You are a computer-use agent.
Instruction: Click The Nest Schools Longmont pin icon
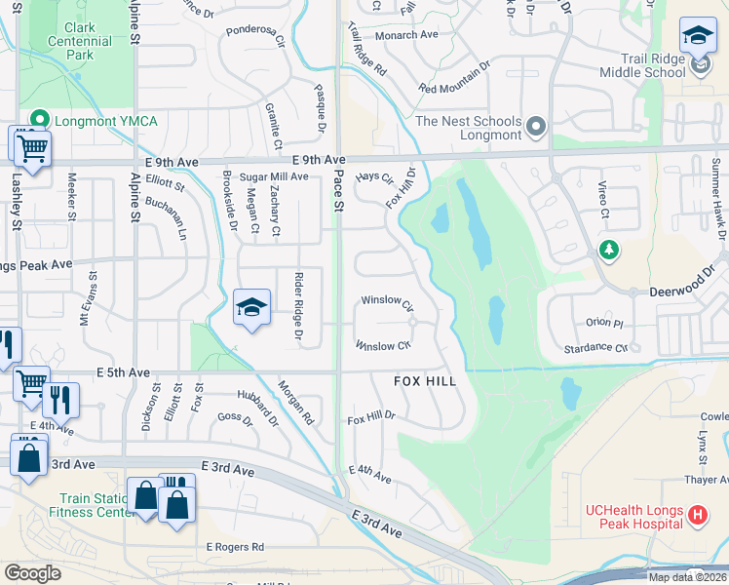(537, 128)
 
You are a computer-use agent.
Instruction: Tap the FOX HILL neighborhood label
(425, 381)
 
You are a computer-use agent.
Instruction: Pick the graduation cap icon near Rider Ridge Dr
(251, 308)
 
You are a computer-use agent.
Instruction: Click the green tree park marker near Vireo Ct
(609, 251)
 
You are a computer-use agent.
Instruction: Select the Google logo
(32, 572)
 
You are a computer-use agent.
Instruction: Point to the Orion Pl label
(604, 323)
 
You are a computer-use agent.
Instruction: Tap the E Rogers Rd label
(234, 548)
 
